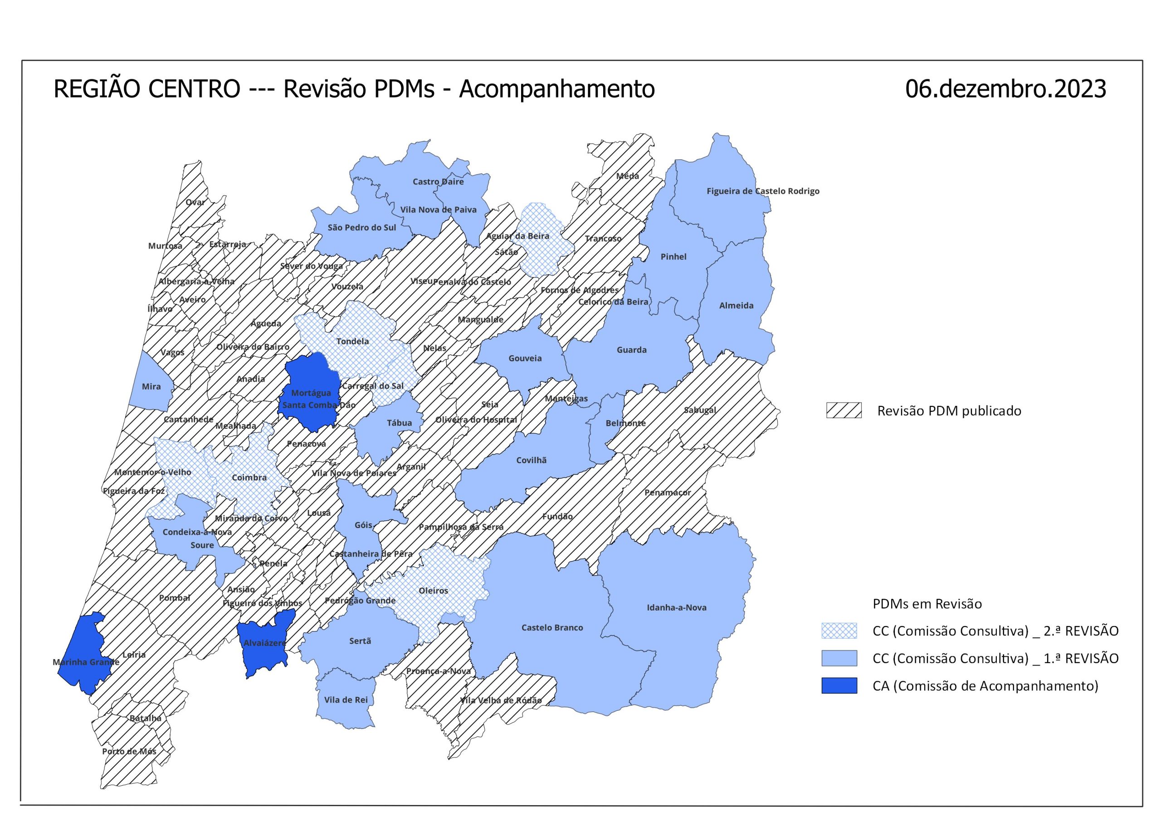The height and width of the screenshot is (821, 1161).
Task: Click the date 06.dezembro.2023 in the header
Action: click(x=1005, y=89)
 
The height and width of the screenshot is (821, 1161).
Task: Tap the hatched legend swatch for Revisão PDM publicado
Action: click(x=844, y=411)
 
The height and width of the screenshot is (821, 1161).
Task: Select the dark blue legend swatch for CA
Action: click(x=839, y=686)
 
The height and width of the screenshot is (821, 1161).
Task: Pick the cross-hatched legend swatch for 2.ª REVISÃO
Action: click(x=839, y=631)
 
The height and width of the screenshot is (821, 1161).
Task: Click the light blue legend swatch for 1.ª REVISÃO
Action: click(x=839, y=658)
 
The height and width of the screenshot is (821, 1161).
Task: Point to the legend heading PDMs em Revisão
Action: click(x=927, y=604)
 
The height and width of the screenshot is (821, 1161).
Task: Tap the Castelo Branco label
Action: click(x=552, y=628)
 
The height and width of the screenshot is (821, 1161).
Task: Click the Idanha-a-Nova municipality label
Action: click(x=677, y=607)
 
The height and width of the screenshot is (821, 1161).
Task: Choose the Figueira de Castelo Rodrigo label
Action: click(x=762, y=191)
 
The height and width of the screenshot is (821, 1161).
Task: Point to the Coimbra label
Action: click(x=249, y=478)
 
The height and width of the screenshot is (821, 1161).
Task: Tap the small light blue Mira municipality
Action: click(x=151, y=386)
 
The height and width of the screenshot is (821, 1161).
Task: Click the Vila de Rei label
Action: click(x=346, y=700)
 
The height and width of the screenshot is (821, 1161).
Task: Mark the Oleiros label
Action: click(x=434, y=591)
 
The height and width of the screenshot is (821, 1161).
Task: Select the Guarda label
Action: click(x=632, y=350)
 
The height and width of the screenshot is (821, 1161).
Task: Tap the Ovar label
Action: click(x=195, y=202)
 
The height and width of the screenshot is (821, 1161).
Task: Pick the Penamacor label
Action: click(x=667, y=492)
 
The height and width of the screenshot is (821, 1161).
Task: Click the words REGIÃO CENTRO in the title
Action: click(x=146, y=89)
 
